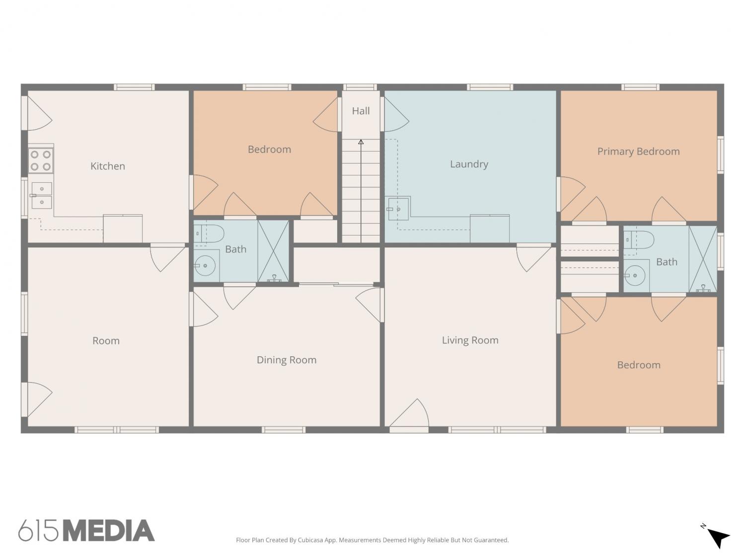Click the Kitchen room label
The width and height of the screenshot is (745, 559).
click(108, 166)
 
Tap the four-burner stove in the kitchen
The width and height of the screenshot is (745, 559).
click(41, 160)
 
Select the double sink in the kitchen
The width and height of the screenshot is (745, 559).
click(42, 195)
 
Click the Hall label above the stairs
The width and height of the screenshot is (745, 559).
click(361, 111)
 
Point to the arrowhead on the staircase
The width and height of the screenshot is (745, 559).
click(361, 142)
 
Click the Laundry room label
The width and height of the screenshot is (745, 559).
click(469, 164)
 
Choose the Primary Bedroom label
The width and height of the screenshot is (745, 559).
click(638, 152)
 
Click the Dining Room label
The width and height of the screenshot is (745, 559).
click(287, 360)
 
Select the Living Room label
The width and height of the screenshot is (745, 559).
click(470, 340)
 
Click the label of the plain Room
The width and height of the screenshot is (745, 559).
click(106, 341)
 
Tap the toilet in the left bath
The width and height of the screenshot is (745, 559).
click(209, 233)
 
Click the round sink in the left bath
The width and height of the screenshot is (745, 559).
click(205, 266)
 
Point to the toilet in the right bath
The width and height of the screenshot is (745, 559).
click(639, 240)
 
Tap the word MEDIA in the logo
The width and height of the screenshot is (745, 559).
click(109, 530)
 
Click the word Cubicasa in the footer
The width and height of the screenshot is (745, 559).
click(310, 540)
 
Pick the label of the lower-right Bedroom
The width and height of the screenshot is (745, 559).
click(638, 365)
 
